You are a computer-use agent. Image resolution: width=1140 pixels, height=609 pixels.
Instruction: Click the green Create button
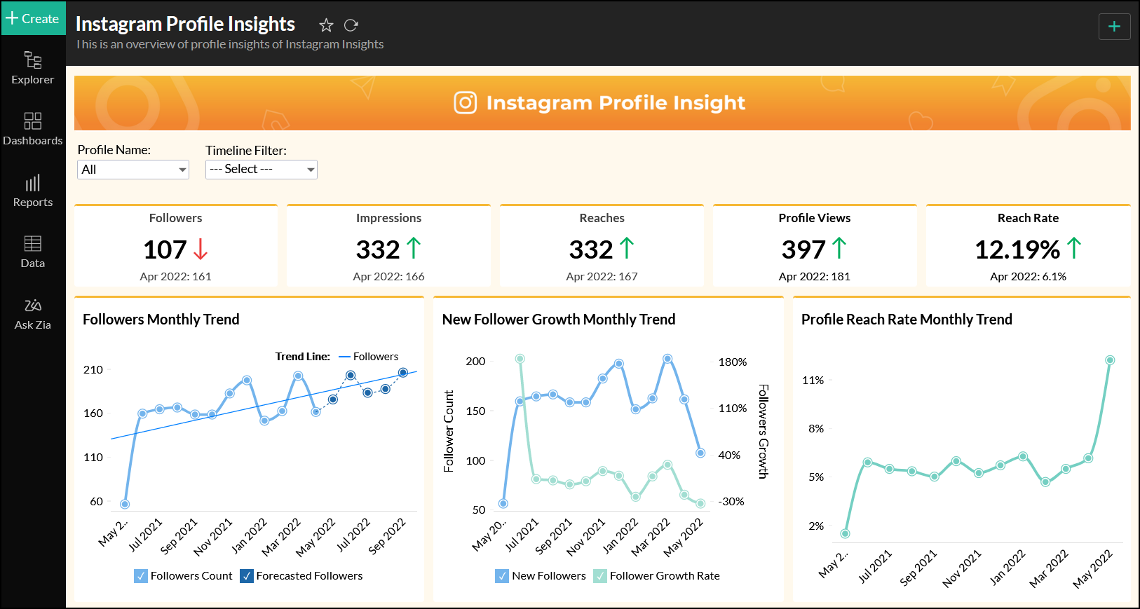tap(33, 18)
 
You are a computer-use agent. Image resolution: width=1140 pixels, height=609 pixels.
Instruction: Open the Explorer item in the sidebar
tap(32, 68)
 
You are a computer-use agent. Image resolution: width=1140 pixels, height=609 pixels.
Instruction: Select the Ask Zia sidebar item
tap(32, 313)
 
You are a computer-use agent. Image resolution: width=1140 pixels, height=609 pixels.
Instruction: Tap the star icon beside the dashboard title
tap(326, 26)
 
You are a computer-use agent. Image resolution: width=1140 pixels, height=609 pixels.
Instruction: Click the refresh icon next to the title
tap(351, 26)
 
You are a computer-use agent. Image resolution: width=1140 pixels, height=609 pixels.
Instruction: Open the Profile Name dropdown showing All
tap(133, 170)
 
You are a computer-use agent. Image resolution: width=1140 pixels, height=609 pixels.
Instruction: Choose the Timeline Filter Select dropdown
tap(261, 170)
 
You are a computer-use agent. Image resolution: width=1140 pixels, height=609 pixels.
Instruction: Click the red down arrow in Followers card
tap(201, 249)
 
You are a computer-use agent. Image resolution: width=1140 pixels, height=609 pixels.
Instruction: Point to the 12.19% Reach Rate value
tap(1017, 249)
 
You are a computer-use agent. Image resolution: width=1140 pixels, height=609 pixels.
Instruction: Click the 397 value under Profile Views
tap(803, 249)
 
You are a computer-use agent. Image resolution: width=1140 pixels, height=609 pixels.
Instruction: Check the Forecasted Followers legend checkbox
tap(247, 576)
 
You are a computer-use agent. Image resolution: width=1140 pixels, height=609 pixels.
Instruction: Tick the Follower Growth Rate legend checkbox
tap(600, 576)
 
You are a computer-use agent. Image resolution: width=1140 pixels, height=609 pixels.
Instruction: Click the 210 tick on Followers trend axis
tap(93, 369)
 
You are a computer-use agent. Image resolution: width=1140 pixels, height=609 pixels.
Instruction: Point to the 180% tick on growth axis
tap(733, 362)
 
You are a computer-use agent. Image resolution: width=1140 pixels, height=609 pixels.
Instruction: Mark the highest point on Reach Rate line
tap(1110, 360)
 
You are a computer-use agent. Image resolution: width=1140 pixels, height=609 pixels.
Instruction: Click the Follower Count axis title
tap(449, 431)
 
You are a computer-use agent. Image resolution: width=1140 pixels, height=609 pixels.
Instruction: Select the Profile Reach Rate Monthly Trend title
tap(907, 320)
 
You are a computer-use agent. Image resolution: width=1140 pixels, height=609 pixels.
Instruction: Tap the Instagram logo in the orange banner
tap(466, 103)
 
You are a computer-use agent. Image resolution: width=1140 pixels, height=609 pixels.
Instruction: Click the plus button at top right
tap(1114, 27)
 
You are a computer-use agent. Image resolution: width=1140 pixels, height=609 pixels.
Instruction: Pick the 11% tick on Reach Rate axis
tap(813, 380)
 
